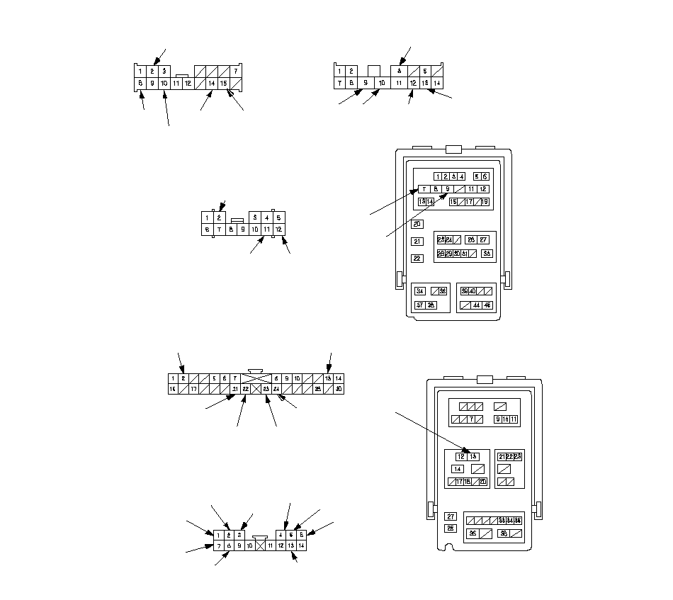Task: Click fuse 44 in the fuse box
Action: pos(477,305)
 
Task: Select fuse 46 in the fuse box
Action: pos(487,305)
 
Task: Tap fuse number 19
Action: pos(485,202)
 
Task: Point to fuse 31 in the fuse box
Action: pos(465,253)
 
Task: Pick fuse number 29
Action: pos(448,253)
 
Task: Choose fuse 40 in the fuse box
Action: pos(473,290)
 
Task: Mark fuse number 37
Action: pos(420,305)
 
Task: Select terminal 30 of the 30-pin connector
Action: pos(339,389)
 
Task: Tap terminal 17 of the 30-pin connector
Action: pos(193,389)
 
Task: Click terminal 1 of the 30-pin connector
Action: pos(173,378)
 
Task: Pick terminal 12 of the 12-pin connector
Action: pos(279,229)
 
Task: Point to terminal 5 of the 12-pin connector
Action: pos(279,217)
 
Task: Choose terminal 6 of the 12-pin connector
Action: pos(207,229)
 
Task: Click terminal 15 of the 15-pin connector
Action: pos(223,83)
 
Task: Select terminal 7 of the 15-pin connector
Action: pos(235,71)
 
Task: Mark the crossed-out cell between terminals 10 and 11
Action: pos(260,545)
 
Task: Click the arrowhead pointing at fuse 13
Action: pos(467,451)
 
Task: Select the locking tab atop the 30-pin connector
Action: pos(256,370)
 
